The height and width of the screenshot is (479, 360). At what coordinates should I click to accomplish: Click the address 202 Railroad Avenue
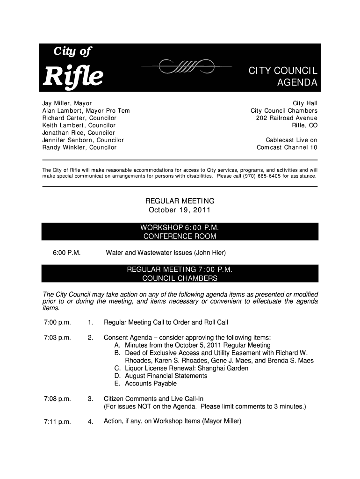tap(287, 118)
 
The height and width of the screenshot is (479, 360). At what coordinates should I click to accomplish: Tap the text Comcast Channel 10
tap(287, 147)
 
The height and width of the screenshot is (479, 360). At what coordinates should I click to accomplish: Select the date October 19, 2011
tap(180, 209)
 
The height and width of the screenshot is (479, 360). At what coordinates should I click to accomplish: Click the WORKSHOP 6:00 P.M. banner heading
tap(180, 227)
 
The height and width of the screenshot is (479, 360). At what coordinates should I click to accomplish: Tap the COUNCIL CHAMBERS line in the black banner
tap(180, 278)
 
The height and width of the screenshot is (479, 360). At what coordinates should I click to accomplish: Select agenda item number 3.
tap(90, 399)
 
